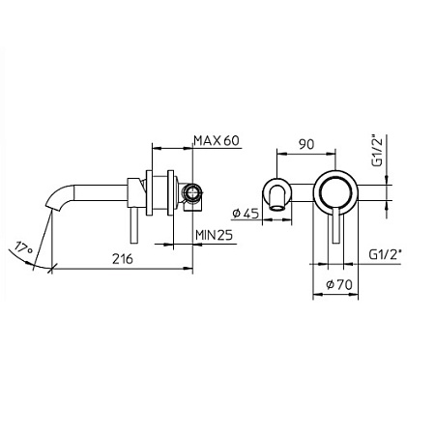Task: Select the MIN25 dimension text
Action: [217, 235]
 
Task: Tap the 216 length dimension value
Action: [121, 260]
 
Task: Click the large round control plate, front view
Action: [336, 188]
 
